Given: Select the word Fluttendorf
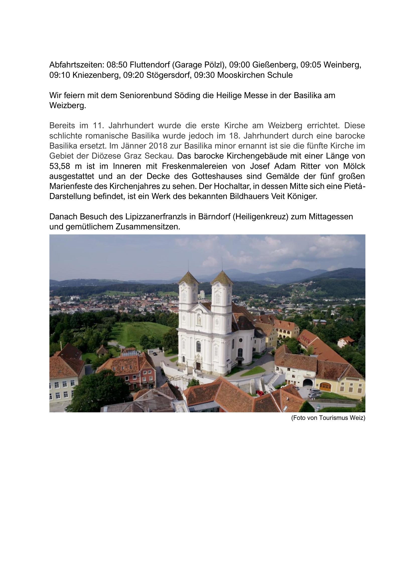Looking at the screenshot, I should click(150, 65).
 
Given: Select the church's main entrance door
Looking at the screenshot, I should click(198, 366).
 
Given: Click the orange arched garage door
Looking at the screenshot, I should click(325, 387).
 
